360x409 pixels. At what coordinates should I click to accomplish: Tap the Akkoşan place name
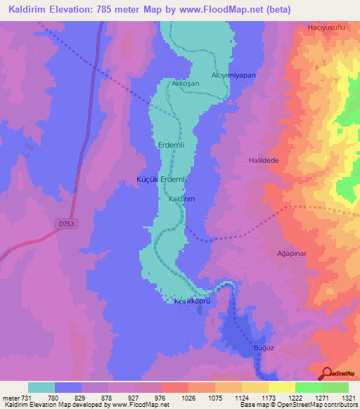click(185, 83)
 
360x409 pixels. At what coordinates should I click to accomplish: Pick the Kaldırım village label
click(181, 200)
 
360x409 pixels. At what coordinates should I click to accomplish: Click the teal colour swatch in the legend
click(41, 387)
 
